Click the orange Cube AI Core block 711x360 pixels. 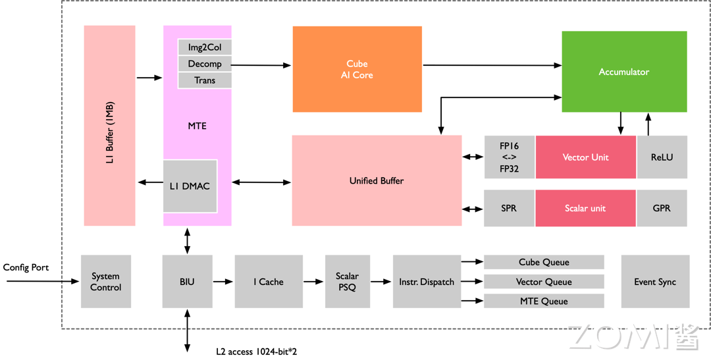(x=357, y=69)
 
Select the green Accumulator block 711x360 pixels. (x=623, y=72)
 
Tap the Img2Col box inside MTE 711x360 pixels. (x=205, y=47)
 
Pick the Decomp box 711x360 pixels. (x=205, y=64)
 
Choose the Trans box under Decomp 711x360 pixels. (x=205, y=80)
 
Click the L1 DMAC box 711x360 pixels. (x=190, y=186)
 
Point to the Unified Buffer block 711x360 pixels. (x=377, y=180)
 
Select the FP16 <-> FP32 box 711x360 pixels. (x=509, y=157)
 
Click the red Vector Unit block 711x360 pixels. (x=585, y=157)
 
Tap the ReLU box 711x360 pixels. (x=662, y=157)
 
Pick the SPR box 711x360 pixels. (x=509, y=208)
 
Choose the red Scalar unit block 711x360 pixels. (x=585, y=208)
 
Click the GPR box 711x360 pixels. (x=662, y=208)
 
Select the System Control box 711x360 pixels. (x=105, y=282)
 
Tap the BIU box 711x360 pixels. (x=187, y=282)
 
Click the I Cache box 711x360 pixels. (x=269, y=282)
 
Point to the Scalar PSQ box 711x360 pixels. (x=347, y=282)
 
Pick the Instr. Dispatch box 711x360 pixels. (x=427, y=282)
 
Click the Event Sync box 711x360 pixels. (x=655, y=282)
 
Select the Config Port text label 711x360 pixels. (x=26, y=267)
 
